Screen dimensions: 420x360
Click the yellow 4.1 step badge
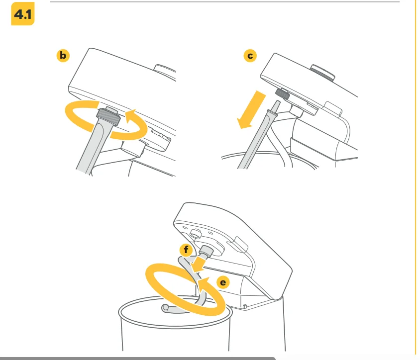pyautogui.click(x=23, y=13)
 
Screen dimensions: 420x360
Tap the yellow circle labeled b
pyautogui.click(x=63, y=56)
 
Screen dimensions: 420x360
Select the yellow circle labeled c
pyautogui.click(x=250, y=56)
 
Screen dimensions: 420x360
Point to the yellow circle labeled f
pyautogui.click(x=186, y=250)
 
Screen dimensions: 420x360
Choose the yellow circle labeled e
pyautogui.click(x=223, y=282)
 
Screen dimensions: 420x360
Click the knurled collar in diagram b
pyautogui.click(x=108, y=117)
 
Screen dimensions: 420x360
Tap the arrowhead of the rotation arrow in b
pyautogui.click(x=131, y=116)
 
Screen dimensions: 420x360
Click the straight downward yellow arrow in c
pyautogui.click(x=251, y=109)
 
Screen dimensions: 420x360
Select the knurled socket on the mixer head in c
pyautogui.click(x=283, y=94)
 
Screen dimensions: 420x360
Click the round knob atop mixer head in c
pyautogui.click(x=322, y=72)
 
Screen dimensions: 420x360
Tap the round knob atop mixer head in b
pyautogui.click(x=165, y=70)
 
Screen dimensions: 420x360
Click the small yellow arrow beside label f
pyautogui.click(x=199, y=264)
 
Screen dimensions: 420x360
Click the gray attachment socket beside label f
pyautogui.click(x=206, y=252)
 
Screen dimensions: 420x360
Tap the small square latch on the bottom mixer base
pyautogui.click(x=244, y=306)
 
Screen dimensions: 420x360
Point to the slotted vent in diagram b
pyautogui.click(x=161, y=135)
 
